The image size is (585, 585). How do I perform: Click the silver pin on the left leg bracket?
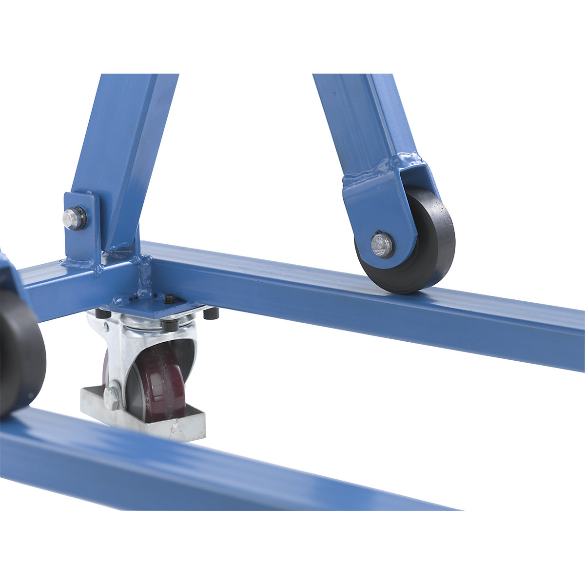[x=74, y=218]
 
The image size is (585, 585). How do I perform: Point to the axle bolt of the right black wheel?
[x=382, y=245]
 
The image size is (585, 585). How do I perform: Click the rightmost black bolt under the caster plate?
[x=211, y=313]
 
